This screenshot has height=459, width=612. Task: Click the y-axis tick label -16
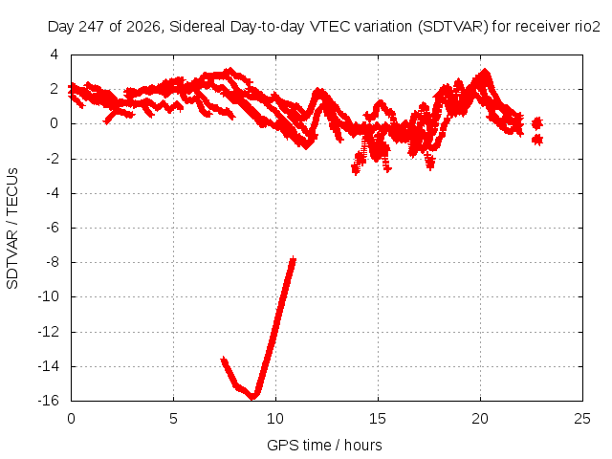pyautogui.click(x=49, y=401)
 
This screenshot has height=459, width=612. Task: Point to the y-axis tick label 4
pyautogui.click(x=54, y=55)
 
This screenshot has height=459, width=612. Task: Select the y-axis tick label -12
pyautogui.click(x=49, y=332)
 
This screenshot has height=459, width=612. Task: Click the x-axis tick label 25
pyautogui.click(x=582, y=419)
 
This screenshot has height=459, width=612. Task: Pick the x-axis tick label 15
pyautogui.click(x=378, y=419)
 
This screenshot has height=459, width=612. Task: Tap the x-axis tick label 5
pyautogui.click(x=173, y=419)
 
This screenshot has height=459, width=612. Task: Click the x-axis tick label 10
pyautogui.click(x=275, y=419)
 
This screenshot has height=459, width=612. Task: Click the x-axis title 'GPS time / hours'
pyautogui.click(x=324, y=445)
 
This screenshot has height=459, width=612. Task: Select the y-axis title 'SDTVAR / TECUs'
pyautogui.click(x=12, y=229)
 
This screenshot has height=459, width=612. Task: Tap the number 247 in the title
pyautogui.click(x=92, y=27)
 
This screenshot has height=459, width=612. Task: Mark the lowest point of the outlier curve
pyautogui.click(x=252, y=396)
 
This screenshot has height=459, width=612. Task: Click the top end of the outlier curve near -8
pyautogui.click(x=293, y=259)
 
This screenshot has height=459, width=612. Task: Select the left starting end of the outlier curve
pyautogui.click(x=223, y=360)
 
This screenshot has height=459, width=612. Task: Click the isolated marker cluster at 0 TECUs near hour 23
pyautogui.click(x=537, y=123)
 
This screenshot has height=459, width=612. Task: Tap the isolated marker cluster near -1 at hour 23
pyautogui.click(x=537, y=140)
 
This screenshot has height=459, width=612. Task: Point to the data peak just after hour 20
pyautogui.click(x=485, y=72)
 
